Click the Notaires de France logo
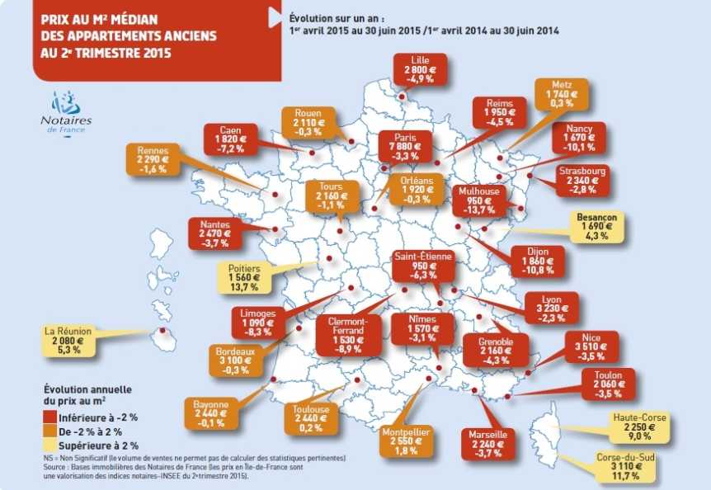click(x=67, y=115)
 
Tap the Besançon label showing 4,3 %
click(x=598, y=226)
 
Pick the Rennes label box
click(x=154, y=160)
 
